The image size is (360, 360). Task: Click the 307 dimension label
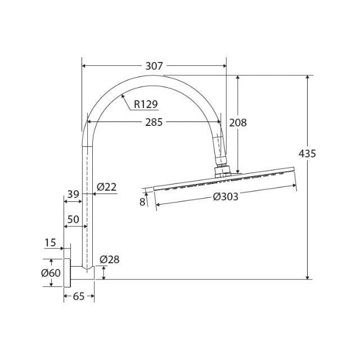click(154, 66)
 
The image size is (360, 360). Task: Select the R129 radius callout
click(146, 103)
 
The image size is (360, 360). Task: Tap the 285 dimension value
click(153, 122)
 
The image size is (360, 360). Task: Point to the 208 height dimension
click(238, 122)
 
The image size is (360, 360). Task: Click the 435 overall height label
click(307, 153)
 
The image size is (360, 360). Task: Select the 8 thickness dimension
click(142, 201)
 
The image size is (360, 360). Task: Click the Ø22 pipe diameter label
click(106, 187)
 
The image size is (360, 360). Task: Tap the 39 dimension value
click(73, 194)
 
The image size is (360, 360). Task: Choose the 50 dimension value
click(73, 218)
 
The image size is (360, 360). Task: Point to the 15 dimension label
click(50, 242)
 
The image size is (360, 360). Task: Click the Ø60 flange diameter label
click(51, 273)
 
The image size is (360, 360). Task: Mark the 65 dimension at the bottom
click(79, 296)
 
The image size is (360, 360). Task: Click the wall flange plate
click(67, 273)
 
